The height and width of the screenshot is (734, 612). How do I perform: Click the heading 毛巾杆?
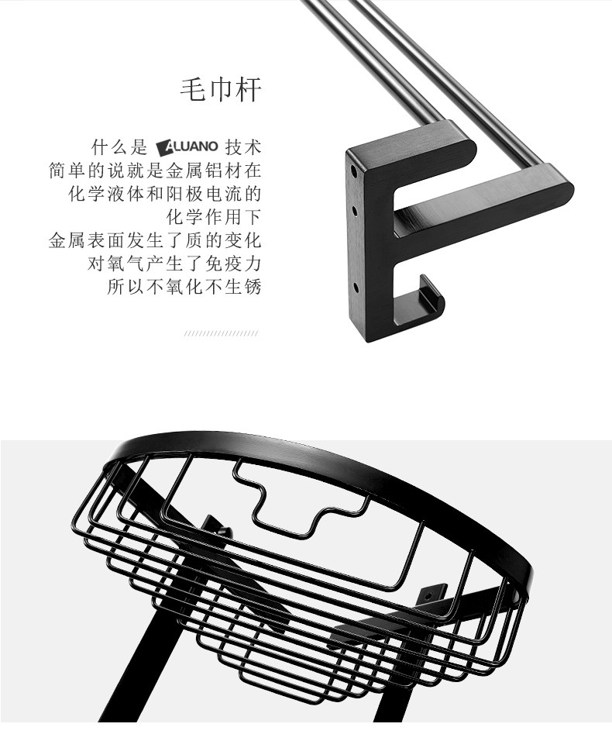(221, 90)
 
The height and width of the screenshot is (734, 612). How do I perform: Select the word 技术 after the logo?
(243, 146)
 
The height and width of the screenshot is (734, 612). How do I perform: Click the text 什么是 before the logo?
(119, 146)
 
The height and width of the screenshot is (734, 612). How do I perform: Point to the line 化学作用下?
(215, 216)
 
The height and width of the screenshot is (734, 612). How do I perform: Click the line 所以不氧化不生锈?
(184, 286)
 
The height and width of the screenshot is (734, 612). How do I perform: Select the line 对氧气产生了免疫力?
(174, 263)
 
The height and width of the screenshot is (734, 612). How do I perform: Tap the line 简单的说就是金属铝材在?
(155, 170)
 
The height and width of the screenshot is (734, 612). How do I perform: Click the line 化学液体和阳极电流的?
(164, 193)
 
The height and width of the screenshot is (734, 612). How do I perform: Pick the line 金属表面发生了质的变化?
(155, 239)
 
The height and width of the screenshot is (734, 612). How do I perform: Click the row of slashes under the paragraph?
(221, 333)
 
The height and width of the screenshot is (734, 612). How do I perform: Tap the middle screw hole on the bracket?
(354, 209)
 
